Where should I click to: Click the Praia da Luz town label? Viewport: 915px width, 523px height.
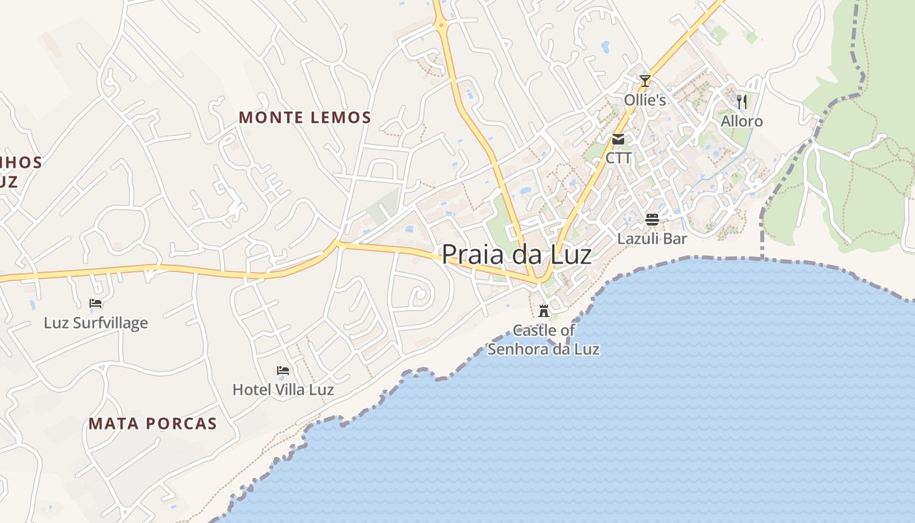pos(516,254)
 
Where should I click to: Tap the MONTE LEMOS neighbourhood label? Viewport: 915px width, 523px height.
pos(305,118)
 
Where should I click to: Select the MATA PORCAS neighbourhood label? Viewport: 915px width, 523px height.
pos(152,424)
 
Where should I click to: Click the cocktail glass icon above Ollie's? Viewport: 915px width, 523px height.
pos(645,81)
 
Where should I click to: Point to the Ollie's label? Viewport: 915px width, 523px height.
pos(645,100)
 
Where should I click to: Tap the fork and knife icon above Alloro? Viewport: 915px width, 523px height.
pos(742,101)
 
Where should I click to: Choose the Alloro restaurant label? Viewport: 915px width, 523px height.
pos(742,122)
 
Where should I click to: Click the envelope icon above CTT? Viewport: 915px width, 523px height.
pos(618,139)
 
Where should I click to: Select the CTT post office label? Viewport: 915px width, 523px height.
pos(618,158)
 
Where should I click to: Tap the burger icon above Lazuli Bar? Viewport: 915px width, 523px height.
pos(652,219)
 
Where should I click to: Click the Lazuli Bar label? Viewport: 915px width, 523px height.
pos(652,239)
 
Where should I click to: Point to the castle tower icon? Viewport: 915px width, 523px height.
pos(544,311)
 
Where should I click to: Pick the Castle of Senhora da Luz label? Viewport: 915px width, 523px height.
pos(544,340)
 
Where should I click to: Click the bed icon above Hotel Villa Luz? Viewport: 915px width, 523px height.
pos(283,371)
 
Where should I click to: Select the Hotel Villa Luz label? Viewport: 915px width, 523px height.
pos(283,390)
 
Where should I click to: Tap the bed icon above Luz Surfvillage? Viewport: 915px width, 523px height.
pos(95,303)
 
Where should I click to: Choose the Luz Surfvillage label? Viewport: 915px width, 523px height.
pos(95,323)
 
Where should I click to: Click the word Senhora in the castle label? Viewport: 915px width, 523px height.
pos(519,349)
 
